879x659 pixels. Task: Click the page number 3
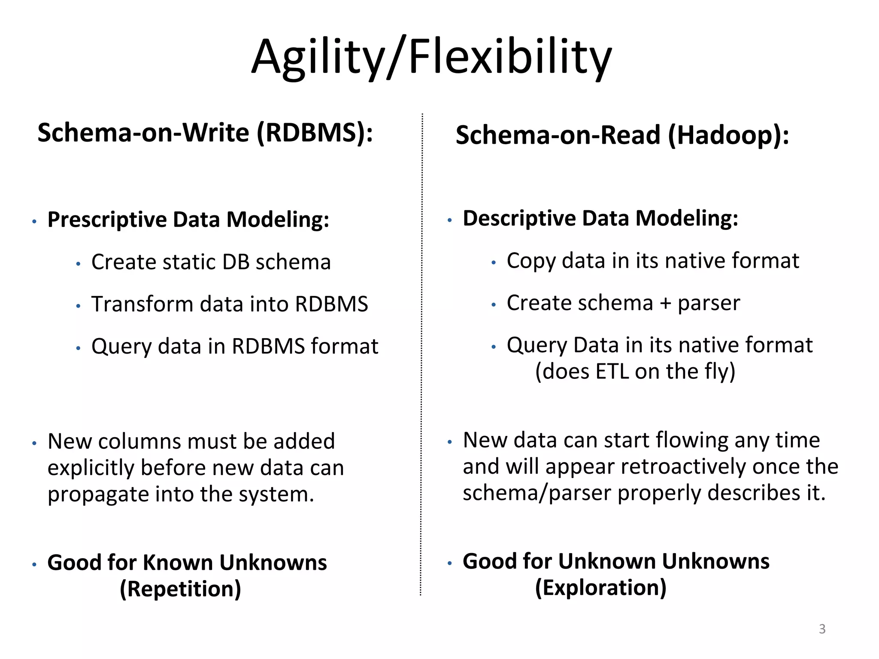coord(822,629)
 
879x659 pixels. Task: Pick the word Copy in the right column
coord(531,261)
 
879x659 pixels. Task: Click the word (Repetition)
coord(180,589)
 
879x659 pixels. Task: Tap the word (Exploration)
coord(600,588)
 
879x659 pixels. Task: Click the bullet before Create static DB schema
coord(78,264)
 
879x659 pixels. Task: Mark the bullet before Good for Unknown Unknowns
coord(450,563)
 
